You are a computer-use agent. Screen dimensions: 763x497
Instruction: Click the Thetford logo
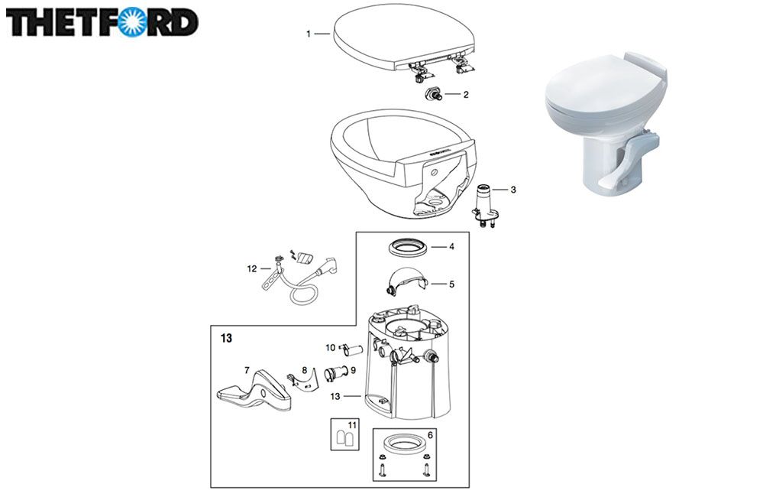(102, 22)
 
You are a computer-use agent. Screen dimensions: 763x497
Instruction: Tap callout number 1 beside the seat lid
(309, 34)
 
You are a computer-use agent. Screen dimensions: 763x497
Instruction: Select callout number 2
(466, 95)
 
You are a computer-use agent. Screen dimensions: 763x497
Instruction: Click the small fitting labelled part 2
(432, 93)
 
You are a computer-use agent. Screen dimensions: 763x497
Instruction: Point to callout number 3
(513, 190)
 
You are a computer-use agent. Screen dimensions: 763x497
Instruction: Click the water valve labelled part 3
(484, 206)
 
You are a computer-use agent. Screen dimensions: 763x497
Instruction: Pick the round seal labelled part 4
(408, 246)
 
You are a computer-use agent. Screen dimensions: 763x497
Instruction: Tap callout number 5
(451, 284)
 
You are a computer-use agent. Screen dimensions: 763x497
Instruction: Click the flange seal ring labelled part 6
(402, 443)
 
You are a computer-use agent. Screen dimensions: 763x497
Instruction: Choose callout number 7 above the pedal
(247, 371)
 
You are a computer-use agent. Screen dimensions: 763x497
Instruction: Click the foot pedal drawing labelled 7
(254, 390)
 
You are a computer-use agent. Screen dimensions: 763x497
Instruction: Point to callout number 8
(304, 370)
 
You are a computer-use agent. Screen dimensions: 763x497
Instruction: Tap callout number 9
(353, 370)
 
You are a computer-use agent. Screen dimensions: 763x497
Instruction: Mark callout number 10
(331, 347)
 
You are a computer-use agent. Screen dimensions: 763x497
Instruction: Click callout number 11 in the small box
(352, 425)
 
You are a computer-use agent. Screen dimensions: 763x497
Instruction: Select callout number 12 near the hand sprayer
(251, 268)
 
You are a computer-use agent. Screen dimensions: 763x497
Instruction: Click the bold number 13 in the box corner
(226, 338)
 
